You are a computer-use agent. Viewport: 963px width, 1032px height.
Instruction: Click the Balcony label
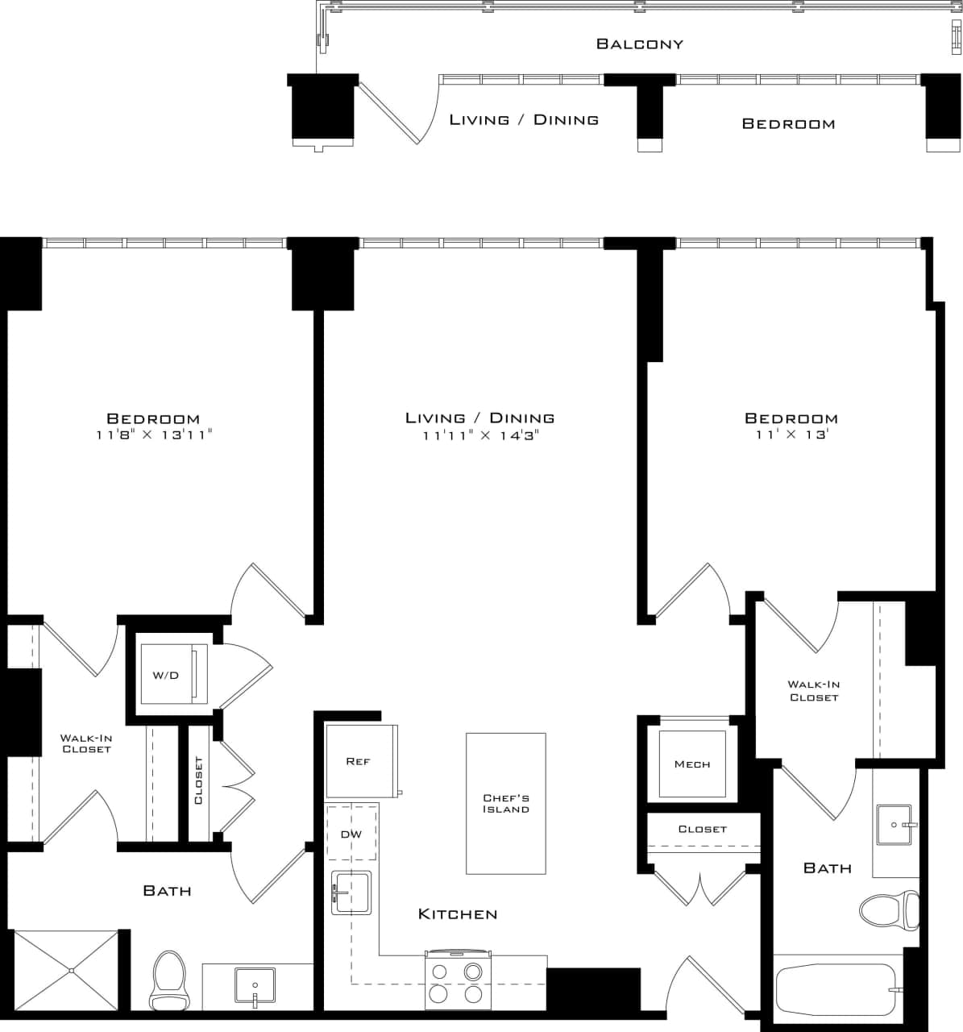(x=639, y=44)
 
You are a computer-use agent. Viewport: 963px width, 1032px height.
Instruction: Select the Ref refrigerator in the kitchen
(x=359, y=761)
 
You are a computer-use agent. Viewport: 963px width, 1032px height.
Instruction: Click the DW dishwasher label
(x=351, y=834)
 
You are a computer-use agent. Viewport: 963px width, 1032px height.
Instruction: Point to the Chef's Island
(x=506, y=803)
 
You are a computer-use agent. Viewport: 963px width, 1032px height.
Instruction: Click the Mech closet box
(x=691, y=764)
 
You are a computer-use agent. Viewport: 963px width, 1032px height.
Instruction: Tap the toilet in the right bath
(x=890, y=910)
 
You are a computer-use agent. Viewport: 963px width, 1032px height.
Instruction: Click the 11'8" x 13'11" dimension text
(x=153, y=435)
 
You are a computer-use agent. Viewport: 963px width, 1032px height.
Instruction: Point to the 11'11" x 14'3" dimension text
(x=480, y=435)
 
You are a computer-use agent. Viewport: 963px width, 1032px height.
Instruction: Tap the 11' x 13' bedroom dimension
(x=791, y=435)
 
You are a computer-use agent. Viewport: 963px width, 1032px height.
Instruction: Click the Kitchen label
(x=458, y=914)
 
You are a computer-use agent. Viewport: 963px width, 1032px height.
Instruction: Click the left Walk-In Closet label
(x=86, y=743)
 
